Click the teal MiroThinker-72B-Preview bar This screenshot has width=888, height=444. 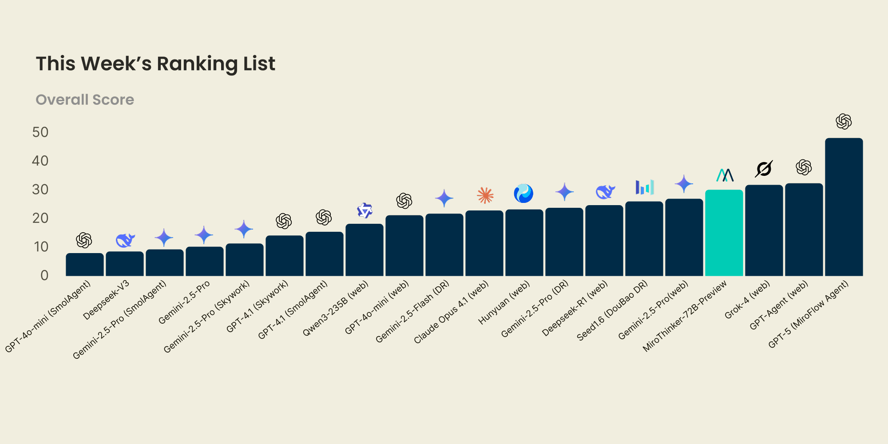click(x=724, y=233)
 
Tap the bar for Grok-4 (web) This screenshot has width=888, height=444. click(x=764, y=230)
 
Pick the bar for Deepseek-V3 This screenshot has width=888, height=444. click(x=124, y=264)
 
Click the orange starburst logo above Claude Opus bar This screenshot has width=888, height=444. click(x=485, y=195)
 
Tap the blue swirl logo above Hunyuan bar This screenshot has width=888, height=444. click(x=523, y=194)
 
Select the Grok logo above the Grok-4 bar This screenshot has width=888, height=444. click(x=764, y=169)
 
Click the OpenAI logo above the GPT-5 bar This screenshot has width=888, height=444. click(x=844, y=121)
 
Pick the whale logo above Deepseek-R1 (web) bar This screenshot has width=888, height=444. click(x=605, y=192)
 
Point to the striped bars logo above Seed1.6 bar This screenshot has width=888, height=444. click(x=645, y=187)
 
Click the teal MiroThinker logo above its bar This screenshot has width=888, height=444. click(x=725, y=175)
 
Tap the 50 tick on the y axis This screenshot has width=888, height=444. click(x=40, y=132)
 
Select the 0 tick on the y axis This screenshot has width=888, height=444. click(x=44, y=276)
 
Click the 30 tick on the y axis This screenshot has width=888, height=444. click(x=40, y=190)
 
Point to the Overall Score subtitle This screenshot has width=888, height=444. click(x=85, y=100)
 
